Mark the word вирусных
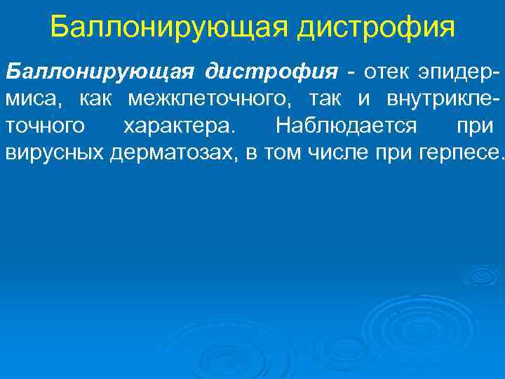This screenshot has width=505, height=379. [x=55, y=153]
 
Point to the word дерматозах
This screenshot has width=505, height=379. [x=175, y=153]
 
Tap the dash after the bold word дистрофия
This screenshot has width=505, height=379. [x=348, y=73]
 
